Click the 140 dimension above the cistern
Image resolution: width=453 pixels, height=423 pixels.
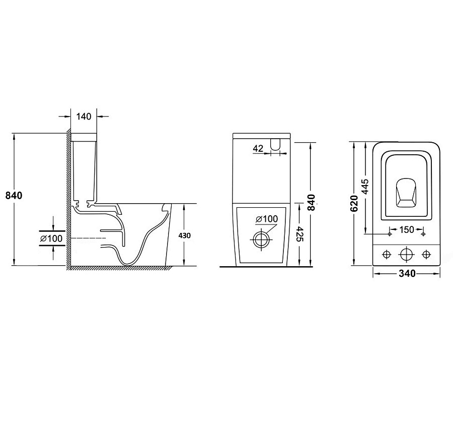click(84, 116)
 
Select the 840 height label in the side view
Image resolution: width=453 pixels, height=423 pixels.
click(14, 196)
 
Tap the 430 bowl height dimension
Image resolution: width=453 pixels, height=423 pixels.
click(184, 235)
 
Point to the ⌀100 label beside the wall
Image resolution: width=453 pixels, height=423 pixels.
click(51, 238)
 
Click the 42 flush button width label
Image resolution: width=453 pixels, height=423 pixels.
click(258, 148)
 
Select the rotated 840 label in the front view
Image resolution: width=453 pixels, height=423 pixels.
click(311, 203)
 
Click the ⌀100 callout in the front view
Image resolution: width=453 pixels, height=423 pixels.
click(267, 219)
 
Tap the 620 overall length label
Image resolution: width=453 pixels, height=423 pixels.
click(354, 203)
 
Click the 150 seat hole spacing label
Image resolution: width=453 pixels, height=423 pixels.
click(407, 229)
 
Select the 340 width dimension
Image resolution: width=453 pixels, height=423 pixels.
click(407, 273)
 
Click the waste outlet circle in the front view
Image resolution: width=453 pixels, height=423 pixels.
click(262, 239)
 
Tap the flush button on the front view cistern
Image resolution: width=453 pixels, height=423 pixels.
click(275, 144)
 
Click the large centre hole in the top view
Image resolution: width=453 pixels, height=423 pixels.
click(406, 255)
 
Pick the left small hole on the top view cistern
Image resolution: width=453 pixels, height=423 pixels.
click(386, 255)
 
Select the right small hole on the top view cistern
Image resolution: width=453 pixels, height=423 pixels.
click(426, 255)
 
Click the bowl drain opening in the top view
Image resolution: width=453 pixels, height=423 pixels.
click(406, 193)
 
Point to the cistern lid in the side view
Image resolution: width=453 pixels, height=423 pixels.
click(84, 137)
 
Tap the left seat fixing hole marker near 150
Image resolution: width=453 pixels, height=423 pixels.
click(390, 234)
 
